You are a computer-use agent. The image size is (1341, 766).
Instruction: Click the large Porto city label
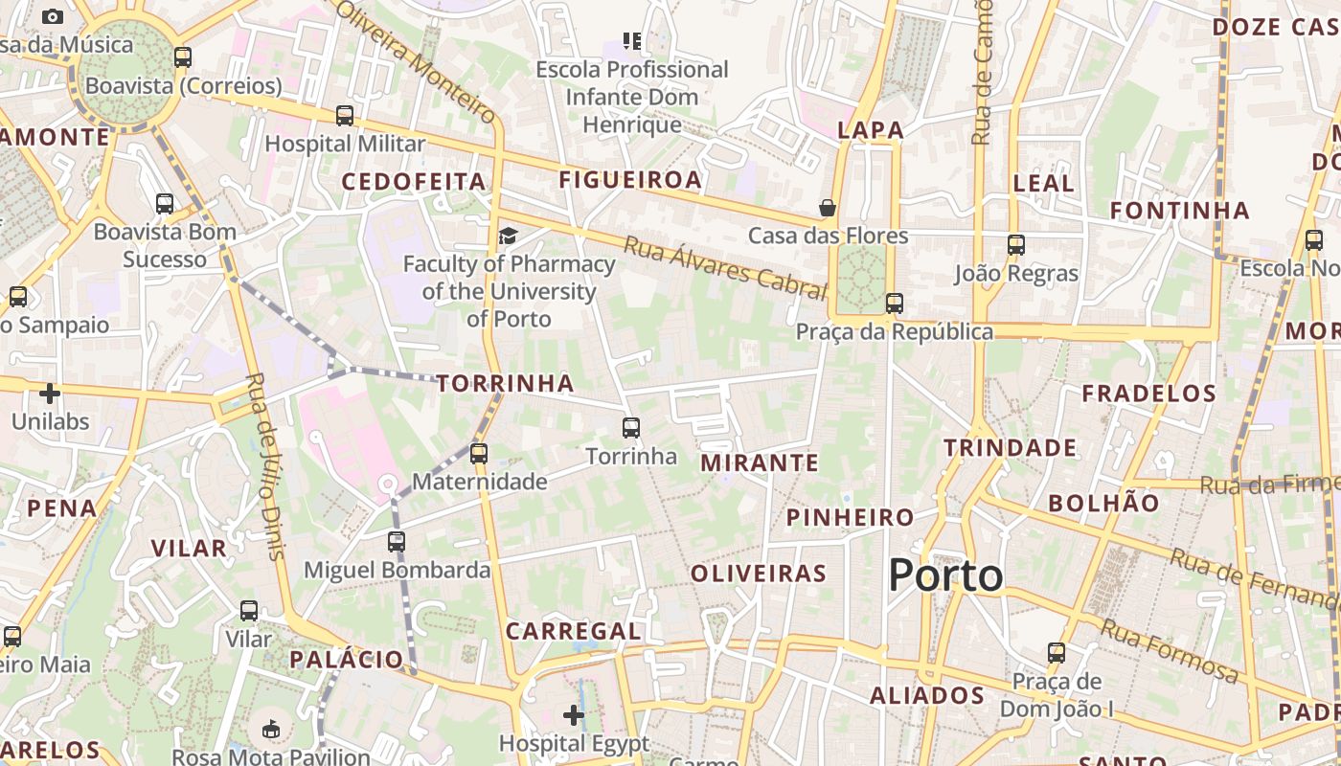pyautogui.click(x=945, y=575)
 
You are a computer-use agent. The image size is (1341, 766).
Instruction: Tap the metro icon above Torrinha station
pyautogui.click(x=630, y=427)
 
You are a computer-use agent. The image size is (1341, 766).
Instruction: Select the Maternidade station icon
pyautogui.click(x=479, y=453)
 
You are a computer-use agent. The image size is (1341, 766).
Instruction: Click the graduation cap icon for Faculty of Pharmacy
pyautogui.click(x=508, y=236)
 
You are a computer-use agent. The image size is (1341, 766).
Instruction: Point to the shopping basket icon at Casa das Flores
pyautogui.click(x=827, y=208)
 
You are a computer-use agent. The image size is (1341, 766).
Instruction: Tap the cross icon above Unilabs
pyautogui.click(x=50, y=394)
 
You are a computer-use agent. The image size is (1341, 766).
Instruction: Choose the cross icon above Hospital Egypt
pyautogui.click(x=574, y=715)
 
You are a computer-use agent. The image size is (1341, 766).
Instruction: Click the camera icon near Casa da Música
pyautogui.click(x=53, y=16)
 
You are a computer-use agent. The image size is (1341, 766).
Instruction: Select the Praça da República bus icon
pyautogui.click(x=894, y=304)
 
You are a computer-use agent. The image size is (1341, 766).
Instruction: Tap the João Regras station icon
pyautogui.click(x=1016, y=245)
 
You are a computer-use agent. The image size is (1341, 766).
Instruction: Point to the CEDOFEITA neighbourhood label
pyautogui.click(x=414, y=181)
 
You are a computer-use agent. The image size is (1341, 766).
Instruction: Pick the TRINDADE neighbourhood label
pyautogui.click(x=1010, y=448)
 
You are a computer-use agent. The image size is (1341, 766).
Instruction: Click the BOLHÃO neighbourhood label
pyautogui.click(x=1103, y=503)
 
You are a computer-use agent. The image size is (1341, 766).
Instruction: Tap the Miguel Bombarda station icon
pyautogui.click(x=397, y=542)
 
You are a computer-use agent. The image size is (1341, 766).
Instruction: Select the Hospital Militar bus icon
pyautogui.click(x=345, y=116)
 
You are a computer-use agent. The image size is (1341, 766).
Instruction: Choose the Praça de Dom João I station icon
pyautogui.click(x=1057, y=653)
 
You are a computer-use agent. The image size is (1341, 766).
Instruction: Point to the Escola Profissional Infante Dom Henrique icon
pyautogui.click(x=632, y=41)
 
